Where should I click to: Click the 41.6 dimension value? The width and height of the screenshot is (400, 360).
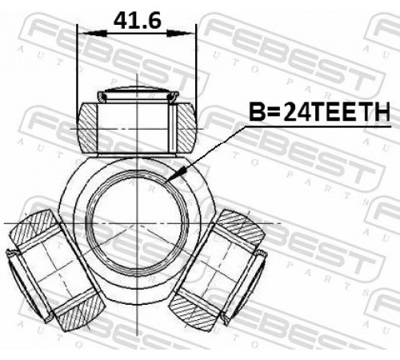point(138,21)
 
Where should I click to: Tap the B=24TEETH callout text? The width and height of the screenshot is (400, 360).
point(319,112)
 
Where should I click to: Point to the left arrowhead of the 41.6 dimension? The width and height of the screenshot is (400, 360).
point(94,34)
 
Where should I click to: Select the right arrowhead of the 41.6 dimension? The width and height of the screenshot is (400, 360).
point(179,34)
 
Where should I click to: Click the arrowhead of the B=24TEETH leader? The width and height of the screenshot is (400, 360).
point(175,174)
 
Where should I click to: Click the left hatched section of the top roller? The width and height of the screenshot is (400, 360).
point(87,128)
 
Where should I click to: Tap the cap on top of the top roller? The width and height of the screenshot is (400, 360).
point(138,94)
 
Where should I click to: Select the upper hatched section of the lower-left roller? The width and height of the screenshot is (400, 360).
point(35,227)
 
